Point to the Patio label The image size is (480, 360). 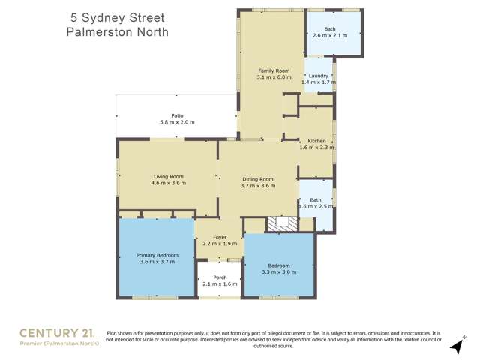coord(177,115)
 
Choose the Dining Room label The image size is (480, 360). coord(257,179)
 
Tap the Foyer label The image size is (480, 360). coord(220,237)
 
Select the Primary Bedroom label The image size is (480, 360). coord(157,255)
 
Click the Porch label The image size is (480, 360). coord(220,277)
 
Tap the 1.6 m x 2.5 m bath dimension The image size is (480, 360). coord(315,206)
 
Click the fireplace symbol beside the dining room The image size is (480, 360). coord(283,222)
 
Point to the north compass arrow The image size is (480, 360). coord(455,345)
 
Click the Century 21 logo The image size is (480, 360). coord(55,332)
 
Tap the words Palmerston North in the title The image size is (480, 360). coord(116,32)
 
